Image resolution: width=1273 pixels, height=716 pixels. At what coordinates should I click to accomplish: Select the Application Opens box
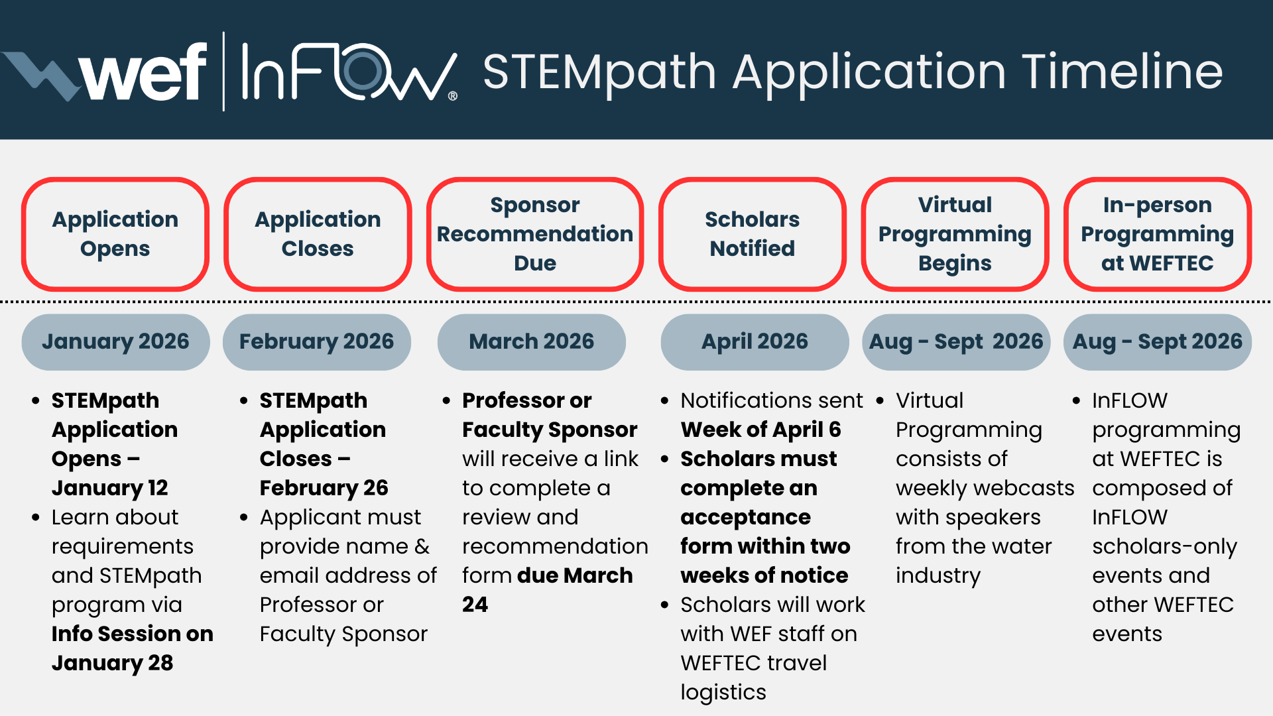point(115,234)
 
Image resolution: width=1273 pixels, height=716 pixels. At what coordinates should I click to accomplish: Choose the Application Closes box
point(318,234)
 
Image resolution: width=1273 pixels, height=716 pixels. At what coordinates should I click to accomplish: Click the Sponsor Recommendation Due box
point(535,234)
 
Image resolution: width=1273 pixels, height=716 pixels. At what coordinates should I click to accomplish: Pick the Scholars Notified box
point(753,234)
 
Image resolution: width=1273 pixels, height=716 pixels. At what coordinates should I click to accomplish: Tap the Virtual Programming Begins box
point(955,234)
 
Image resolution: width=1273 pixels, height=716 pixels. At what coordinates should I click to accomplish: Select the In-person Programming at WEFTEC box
point(1158,234)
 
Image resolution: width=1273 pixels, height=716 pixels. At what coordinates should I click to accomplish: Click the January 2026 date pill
point(115,342)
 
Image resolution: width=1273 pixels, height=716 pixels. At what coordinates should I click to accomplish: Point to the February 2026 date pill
point(317,342)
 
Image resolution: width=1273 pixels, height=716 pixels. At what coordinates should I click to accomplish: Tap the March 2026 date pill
point(532,342)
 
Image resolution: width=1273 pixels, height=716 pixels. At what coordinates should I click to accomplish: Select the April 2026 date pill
point(755,342)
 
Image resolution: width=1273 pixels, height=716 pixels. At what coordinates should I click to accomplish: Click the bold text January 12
point(110,488)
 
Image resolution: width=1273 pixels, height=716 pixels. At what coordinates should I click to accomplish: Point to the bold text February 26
point(324,488)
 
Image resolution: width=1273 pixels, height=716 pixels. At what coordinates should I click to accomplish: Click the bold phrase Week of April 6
point(760,430)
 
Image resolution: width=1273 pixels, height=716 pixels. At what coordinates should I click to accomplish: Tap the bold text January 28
point(113,663)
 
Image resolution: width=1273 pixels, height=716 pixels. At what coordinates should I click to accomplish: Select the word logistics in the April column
point(723,692)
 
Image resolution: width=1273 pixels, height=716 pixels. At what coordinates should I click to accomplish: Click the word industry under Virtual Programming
point(938,575)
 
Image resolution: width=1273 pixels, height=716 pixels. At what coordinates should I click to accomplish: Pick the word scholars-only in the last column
point(1165,546)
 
